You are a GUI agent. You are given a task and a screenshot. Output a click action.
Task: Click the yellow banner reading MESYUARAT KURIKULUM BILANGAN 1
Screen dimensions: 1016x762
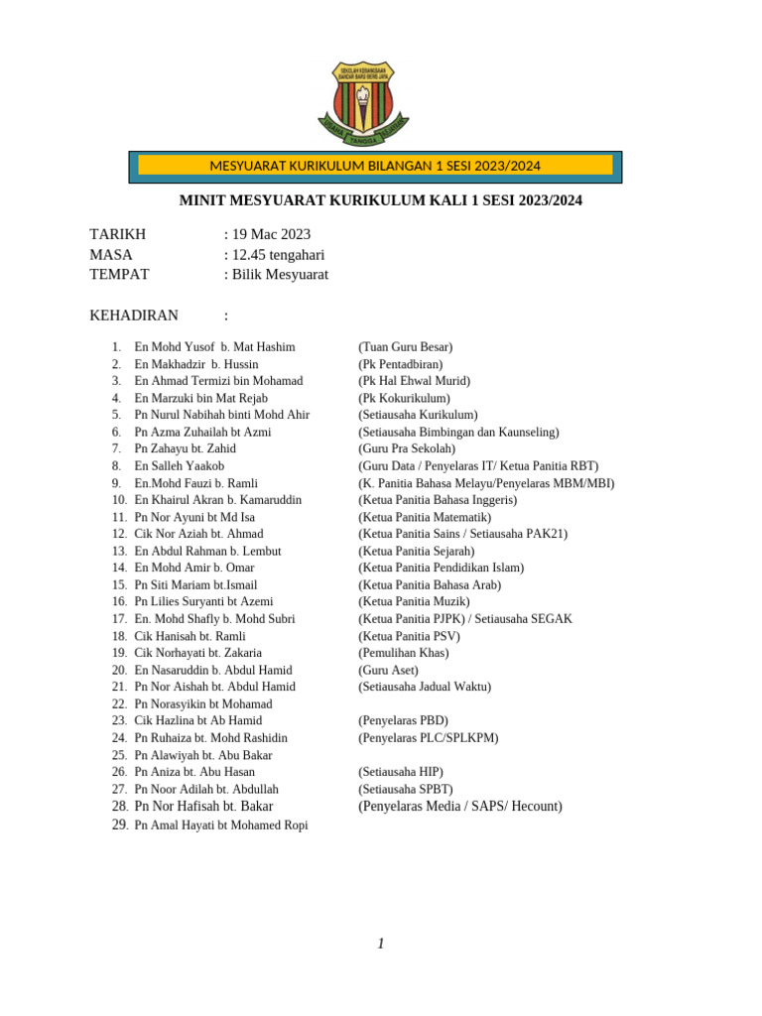(x=375, y=166)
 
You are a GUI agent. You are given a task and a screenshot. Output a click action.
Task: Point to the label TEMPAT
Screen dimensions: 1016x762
(x=119, y=275)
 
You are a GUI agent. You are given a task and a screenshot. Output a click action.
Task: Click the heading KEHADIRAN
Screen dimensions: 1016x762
(x=134, y=317)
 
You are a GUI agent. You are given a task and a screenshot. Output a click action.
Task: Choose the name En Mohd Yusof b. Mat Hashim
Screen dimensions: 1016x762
(x=214, y=347)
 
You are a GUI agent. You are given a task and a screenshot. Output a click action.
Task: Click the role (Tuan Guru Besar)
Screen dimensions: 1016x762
(x=405, y=347)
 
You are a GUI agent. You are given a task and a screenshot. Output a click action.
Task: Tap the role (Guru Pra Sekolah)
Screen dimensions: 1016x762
(x=407, y=449)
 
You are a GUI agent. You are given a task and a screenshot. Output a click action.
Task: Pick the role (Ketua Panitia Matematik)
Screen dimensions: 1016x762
(x=425, y=517)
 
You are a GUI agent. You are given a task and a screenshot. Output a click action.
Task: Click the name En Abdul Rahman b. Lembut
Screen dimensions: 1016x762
(x=207, y=552)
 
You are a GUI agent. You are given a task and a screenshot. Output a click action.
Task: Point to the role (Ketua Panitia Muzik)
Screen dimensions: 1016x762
(x=414, y=602)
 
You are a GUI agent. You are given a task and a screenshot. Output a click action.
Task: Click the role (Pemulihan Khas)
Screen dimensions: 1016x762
(x=403, y=653)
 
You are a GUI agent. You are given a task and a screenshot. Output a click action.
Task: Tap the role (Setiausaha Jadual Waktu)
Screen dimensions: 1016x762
(x=425, y=687)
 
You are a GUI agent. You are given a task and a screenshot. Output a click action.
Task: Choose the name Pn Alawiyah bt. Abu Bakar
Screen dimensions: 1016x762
(x=202, y=755)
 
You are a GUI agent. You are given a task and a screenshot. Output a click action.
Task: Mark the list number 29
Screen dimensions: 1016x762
(x=119, y=825)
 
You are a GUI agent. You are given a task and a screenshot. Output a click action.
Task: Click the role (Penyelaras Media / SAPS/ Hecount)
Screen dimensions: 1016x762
(x=459, y=807)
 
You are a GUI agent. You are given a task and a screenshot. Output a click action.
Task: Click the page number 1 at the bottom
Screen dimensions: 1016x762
(x=381, y=944)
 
